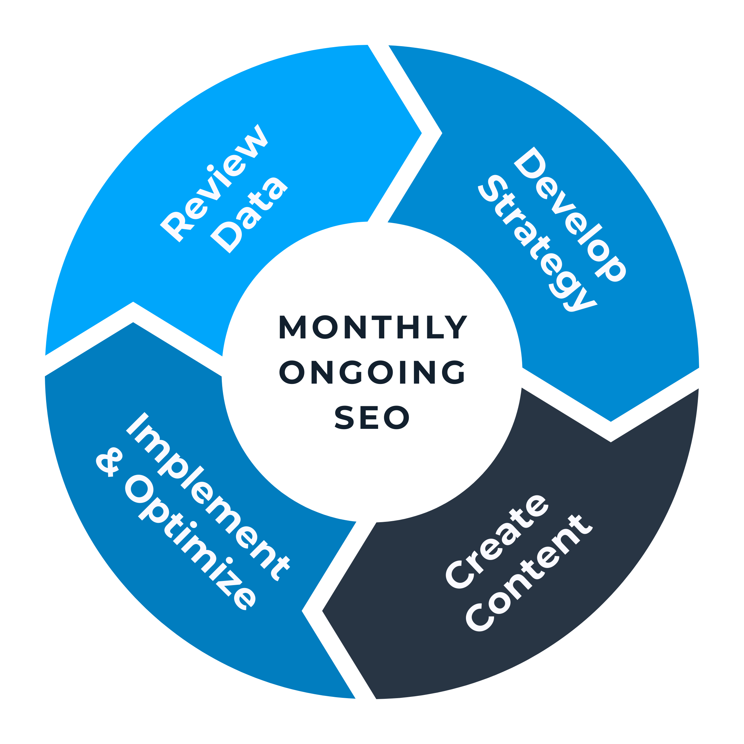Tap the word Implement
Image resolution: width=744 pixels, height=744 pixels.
pos(208,497)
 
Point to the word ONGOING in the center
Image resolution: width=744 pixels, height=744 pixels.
pos(372,372)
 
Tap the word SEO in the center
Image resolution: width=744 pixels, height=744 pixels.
pos(372,418)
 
